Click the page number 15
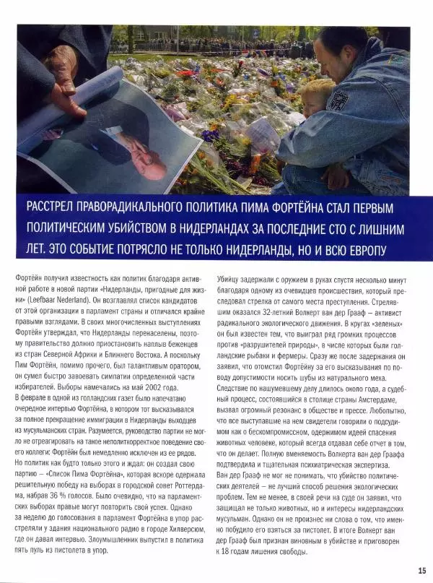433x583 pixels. click(x=421, y=570)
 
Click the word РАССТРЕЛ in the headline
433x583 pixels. click(x=54, y=208)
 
